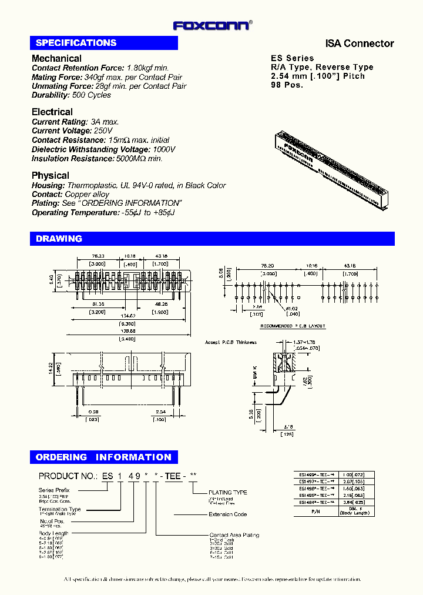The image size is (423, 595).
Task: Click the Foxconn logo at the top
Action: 212,25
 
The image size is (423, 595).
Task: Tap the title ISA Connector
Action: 360,44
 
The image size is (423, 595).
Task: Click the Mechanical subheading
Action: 56,58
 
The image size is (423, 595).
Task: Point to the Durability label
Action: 51,95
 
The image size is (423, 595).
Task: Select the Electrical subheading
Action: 52,112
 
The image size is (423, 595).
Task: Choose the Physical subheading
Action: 50,175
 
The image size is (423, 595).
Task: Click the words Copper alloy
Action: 87,194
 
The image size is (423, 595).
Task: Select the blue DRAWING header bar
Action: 211,239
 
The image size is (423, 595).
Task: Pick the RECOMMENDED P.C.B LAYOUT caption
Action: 293,326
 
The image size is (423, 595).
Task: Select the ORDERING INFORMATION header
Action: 103,457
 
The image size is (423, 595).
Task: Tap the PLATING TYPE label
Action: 228,492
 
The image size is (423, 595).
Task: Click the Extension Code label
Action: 228,514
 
